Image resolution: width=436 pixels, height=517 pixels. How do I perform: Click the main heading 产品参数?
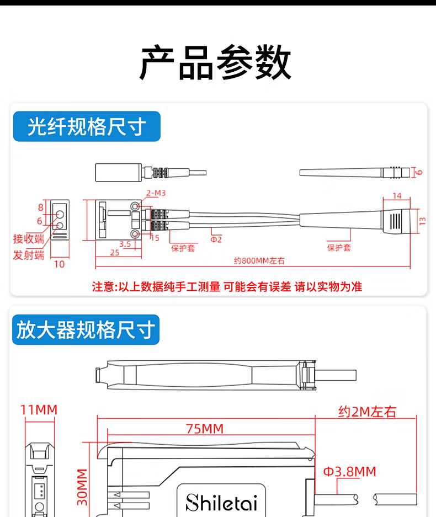click(x=215, y=62)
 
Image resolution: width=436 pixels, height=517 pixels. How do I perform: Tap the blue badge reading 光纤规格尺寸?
click(x=87, y=127)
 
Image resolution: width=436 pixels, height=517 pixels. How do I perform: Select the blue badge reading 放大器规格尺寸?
click(x=85, y=330)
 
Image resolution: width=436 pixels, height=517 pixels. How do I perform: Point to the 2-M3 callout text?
click(x=156, y=193)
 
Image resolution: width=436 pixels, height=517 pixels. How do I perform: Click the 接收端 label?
click(x=28, y=239)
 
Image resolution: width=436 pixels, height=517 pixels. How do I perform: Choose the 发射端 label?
click(x=28, y=255)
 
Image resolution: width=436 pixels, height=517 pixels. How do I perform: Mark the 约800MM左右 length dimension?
click(x=259, y=261)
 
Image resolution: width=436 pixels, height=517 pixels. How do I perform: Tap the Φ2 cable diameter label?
click(x=216, y=239)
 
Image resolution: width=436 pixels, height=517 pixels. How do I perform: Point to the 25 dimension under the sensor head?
click(x=114, y=252)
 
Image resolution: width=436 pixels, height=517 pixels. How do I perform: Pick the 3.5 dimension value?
click(x=125, y=243)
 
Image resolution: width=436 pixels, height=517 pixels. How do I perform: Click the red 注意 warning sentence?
click(x=227, y=286)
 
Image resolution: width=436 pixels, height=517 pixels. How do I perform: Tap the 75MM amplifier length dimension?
click(x=204, y=429)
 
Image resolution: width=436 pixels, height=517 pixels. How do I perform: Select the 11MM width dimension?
click(x=39, y=410)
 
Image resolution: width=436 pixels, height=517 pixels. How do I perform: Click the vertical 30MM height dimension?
click(x=82, y=487)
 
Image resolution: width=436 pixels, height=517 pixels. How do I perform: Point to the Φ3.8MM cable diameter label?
click(x=349, y=472)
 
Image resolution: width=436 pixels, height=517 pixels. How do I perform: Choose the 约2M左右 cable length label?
click(x=367, y=412)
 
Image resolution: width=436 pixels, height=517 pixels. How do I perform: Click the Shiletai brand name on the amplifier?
click(x=221, y=503)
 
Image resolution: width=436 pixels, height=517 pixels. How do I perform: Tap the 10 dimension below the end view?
click(x=59, y=264)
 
